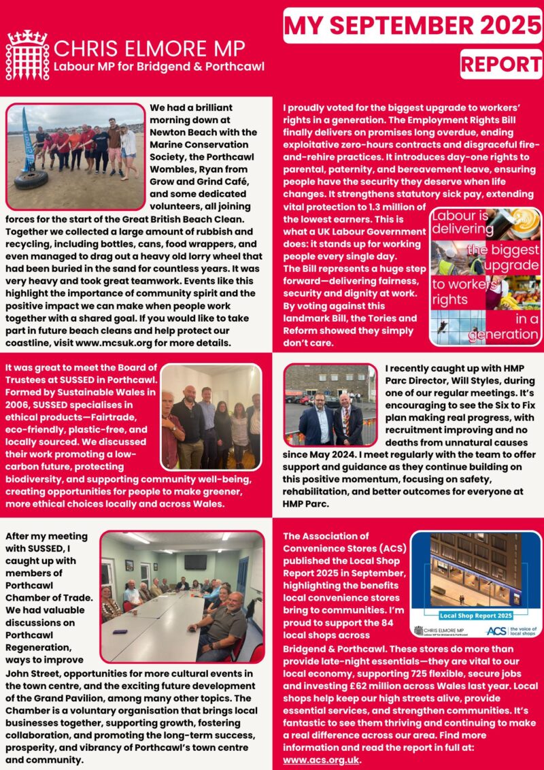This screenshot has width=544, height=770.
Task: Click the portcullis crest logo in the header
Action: (x=27, y=55)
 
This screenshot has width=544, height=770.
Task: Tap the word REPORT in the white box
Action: (x=500, y=64)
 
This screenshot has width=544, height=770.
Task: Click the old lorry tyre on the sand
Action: (x=31, y=180)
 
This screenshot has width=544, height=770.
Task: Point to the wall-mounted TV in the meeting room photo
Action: (x=195, y=561)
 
